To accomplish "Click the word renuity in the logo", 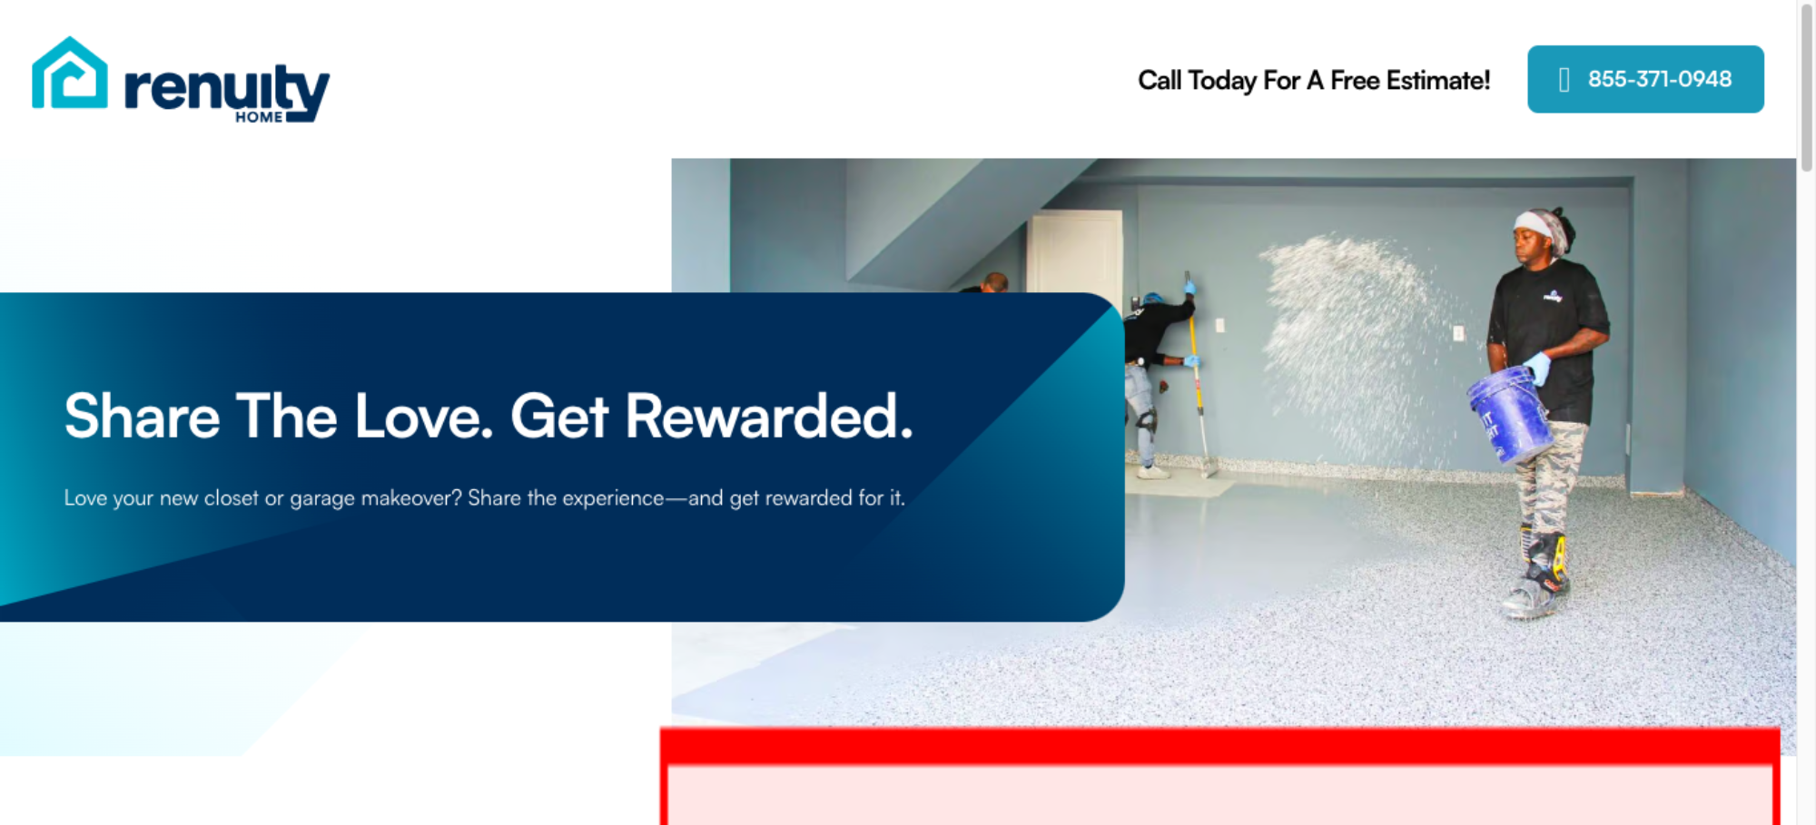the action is pyautogui.click(x=227, y=91).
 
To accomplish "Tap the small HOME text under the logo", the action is pyautogui.click(x=259, y=117).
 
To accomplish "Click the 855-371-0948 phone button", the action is pyautogui.click(x=1645, y=79).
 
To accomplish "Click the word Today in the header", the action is pyautogui.click(x=1222, y=81).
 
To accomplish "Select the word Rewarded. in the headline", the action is pyautogui.click(x=769, y=417).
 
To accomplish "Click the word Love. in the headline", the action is pyautogui.click(x=423, y=417).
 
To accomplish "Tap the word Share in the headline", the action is pyautogui.click(x=143, y=417).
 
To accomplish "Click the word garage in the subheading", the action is pyautogui.click(x=322, y=498).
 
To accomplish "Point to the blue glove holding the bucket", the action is pyautogui.click(x=1537, y=368).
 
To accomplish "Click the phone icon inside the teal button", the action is pyautogui.click(x=1564, y=80).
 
